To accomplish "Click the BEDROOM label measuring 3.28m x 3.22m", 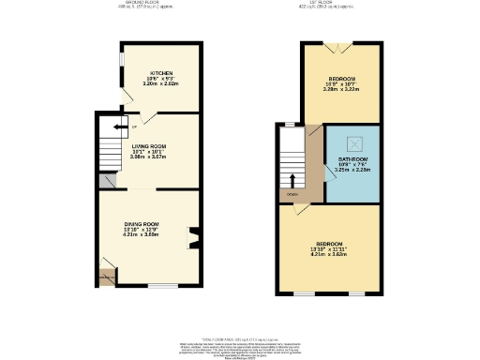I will click(x=340, y=79).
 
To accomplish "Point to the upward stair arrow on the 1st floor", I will click(x=292, y=179).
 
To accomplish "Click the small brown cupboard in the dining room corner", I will click(x=106, y=276).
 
